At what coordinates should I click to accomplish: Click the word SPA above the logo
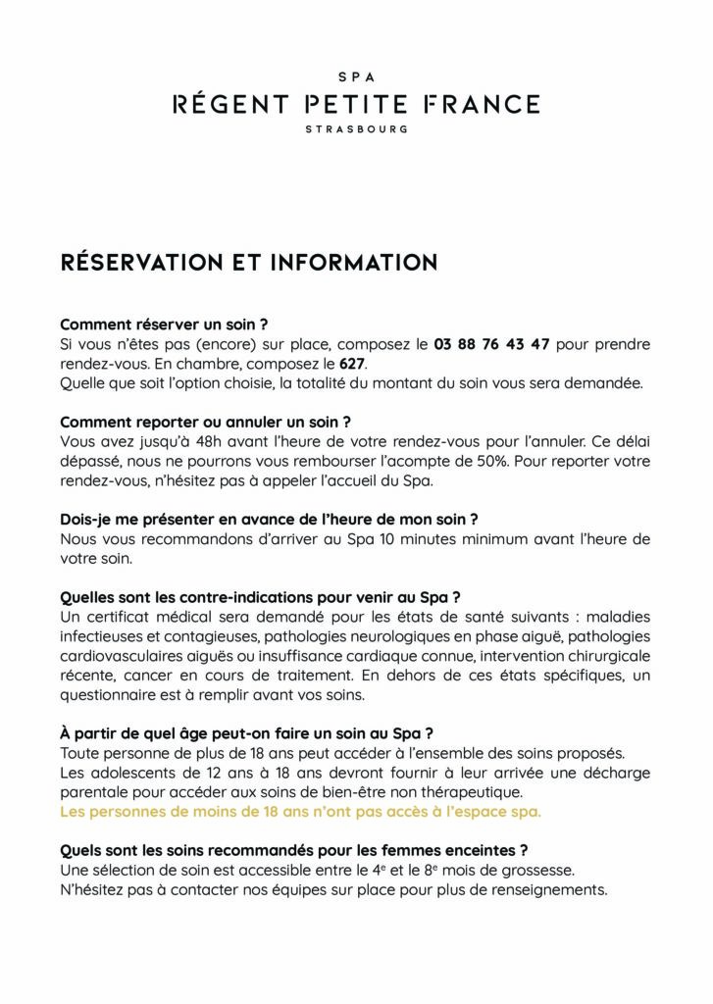pos(356,75)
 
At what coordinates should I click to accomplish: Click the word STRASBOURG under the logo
pos(356,128)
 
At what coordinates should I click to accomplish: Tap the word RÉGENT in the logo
pos(230,103)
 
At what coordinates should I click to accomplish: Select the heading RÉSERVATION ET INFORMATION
pos(248,263)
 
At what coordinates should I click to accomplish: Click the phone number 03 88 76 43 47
pos(491,344)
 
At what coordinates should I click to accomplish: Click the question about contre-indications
pos(260,596)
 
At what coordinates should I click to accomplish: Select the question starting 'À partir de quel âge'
pos(246,732)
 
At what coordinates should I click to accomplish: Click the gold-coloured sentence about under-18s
pos(300,811)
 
